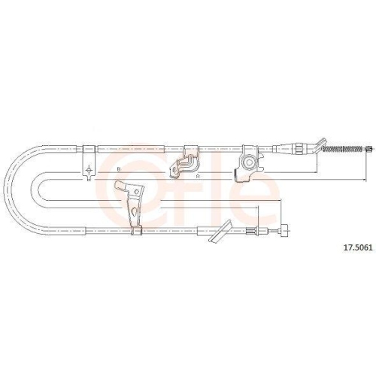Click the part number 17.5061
pyautogui.click(x=359, y=248)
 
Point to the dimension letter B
pyautogui.click(x=119, y=169)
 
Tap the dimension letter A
pyautogui.click(x=198, y=177)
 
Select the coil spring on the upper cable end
pyautogui.click(x=343, y=149)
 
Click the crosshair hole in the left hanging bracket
pyautogui.click(x=89, y=171)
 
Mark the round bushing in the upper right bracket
pyautogui.click(x=249, y=163)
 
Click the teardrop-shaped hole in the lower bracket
pyautogui.click(x=134, y=212)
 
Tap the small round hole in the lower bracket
pyautogui.click(x=137, y=192)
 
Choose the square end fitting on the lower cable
pyautogui.click(x=284, y=230)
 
